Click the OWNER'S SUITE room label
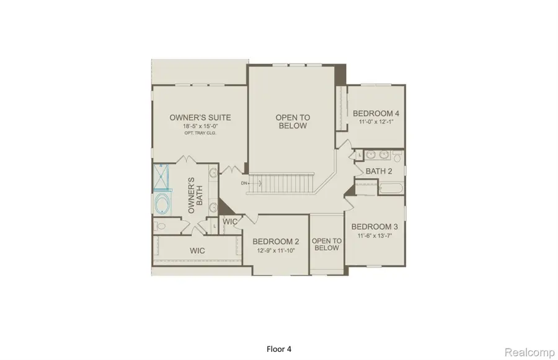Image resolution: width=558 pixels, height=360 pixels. (x=200, y=117)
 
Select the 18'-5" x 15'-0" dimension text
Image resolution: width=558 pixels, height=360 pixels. (x=200, y=126)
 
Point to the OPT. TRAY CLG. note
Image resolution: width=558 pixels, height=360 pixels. (x=200, y=133)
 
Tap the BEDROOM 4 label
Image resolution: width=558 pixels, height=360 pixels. (x=376, y=113)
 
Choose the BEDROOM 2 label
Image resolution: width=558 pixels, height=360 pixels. (x=276, y=241)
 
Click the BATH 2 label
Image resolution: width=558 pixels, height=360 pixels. (x=379, y=171)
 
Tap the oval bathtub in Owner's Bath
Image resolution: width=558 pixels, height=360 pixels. (x=164, y=203)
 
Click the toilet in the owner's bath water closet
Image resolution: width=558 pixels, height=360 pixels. (x=161, y=227)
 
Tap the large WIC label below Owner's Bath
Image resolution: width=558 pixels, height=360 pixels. (x=197, y=250)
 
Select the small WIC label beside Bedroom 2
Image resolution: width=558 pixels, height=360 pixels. (x=230, y=221)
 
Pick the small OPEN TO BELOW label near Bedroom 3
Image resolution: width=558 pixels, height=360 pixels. (x=327, y=244)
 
